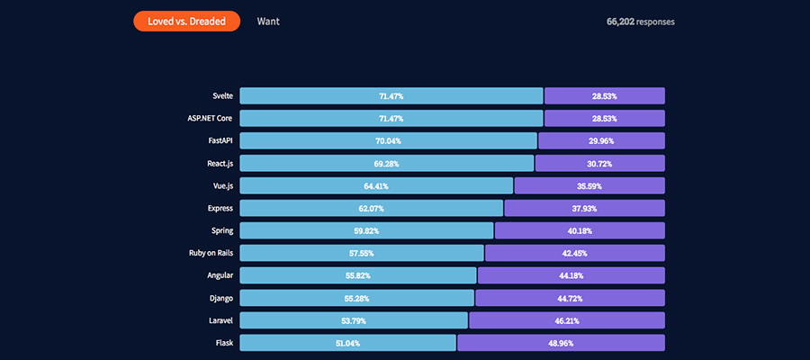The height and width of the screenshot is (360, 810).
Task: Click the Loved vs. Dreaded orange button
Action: (186, 21)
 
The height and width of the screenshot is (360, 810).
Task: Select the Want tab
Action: (268, 21)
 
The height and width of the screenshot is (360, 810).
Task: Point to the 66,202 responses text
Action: (640, 22)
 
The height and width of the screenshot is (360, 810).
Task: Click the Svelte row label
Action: (220, 95)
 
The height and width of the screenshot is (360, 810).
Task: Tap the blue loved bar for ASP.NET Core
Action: (391, 118)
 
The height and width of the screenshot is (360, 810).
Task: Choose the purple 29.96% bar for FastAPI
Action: (601, 140)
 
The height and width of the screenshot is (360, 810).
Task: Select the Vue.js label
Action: (220, 185)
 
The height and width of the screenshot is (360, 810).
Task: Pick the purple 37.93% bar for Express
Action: (584, 208)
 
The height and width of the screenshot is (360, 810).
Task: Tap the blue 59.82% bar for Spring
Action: (366, 230)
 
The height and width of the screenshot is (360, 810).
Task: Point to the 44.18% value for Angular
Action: (571, 275)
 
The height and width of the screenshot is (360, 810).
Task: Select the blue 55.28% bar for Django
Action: (356, 298)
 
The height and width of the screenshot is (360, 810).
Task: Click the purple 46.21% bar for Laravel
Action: (567, 320)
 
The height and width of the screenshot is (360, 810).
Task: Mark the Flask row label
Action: (223, 343)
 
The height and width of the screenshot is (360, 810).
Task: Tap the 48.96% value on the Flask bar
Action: (560, 343)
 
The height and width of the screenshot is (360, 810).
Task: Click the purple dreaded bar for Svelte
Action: (604, 95)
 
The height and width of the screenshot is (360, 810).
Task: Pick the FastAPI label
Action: (219, 140)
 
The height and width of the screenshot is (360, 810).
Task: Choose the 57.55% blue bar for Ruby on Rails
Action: (361, 253)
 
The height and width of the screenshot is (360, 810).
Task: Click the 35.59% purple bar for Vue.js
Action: (589, 185)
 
